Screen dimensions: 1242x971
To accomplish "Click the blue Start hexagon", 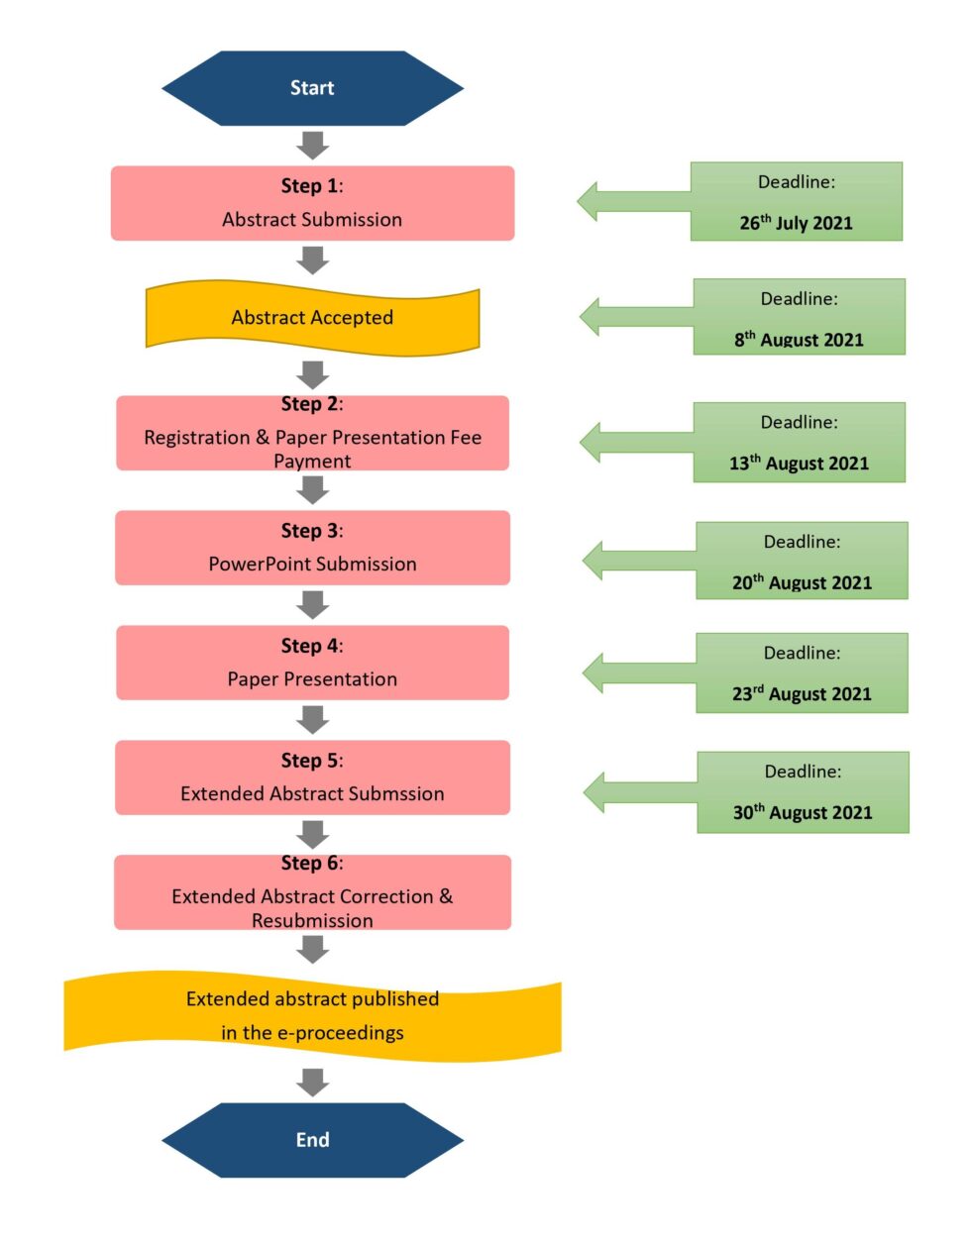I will pos(312,88).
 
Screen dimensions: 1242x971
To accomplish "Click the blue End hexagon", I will pos(312,1139).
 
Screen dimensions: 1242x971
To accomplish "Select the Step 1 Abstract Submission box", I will pos(312,203).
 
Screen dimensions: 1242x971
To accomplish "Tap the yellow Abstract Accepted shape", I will pos(312,318).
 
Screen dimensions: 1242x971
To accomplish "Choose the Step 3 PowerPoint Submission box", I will pos(312,548).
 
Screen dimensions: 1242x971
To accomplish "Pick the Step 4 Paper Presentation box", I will pos(312,663).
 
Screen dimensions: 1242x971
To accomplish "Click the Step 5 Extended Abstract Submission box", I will pos(312,777).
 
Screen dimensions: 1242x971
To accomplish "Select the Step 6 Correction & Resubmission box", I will pos(312,892).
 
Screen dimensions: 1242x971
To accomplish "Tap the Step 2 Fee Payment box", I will pos(312,433).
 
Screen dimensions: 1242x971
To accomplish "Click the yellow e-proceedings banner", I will pos(312,1016).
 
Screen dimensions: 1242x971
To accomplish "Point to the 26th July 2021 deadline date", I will pos(796,223).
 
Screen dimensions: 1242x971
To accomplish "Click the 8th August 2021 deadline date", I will pos(799,340).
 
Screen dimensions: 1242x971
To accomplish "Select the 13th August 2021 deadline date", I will pos(799,463).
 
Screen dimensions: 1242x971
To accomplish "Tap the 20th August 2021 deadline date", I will pos(802,582).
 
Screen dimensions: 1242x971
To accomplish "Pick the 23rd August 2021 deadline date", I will pos(802,693).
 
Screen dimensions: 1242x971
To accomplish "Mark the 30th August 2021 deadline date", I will pos(803,812).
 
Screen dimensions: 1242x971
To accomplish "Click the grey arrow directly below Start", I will pos(312,145).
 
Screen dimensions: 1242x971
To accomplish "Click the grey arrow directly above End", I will pos(312,1082).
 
